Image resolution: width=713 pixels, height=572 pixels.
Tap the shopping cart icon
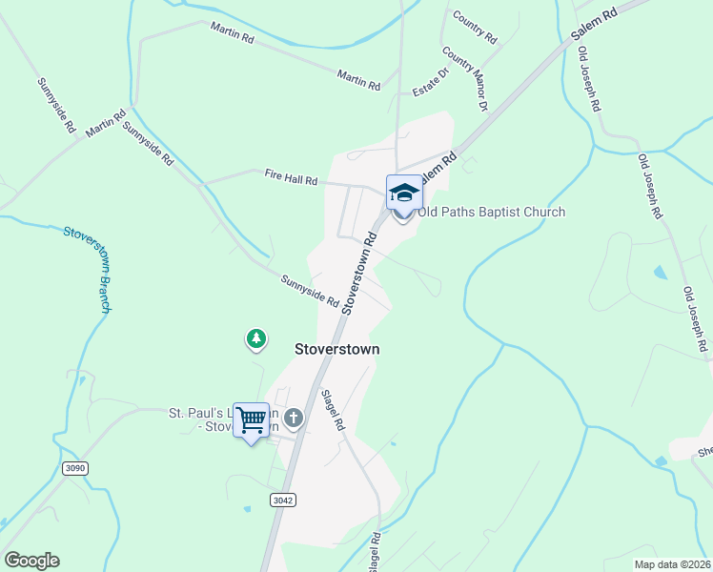tap(252, 419)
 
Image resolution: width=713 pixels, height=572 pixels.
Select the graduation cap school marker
tap(403, 193)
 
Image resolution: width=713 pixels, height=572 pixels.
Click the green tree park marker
tap(255, 337)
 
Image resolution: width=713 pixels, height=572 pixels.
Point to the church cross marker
tap(294, 417)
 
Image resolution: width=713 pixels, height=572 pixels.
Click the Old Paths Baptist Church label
tap(491, 213)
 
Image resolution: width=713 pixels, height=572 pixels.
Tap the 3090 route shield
tap(75, 468)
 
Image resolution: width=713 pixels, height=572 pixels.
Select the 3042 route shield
tap(282, 500)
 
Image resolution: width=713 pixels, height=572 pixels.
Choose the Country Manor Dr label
tap(466, 81)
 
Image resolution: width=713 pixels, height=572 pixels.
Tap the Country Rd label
tap(476, 29)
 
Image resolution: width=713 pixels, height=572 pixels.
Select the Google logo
tap(31, 561)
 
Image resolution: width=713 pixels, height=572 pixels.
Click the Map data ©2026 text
tap(672, 564)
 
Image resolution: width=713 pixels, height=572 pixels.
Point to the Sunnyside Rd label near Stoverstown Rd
tap(310, 291)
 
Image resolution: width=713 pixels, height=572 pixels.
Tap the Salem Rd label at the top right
tap(595, 25)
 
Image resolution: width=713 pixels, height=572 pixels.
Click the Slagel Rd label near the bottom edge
tap(375, 553)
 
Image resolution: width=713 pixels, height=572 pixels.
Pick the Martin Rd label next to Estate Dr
tap(358, 80)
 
